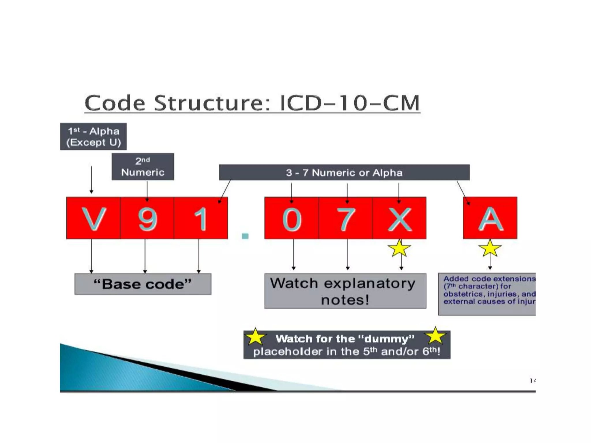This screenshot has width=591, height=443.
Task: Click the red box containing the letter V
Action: click(x=93, y=218)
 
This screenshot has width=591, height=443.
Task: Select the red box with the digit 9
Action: click(x=147, y=218)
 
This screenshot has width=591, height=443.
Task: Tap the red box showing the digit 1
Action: click(x=201, y=218)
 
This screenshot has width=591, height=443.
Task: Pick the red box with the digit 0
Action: click(x=291, y=218)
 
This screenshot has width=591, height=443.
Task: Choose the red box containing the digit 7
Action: click(x=345, y=218)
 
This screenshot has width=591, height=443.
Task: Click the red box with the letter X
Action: click(x=399, y=218)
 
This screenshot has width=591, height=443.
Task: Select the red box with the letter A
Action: click(x=490, y=218)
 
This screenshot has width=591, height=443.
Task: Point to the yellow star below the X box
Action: click(x=399, y=249)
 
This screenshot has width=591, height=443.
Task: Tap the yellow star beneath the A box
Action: click(x=490, y=249)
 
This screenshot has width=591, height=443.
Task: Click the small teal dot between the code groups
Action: click(x=245, y=236)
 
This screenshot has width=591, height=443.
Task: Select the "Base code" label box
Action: click(x=143, y=284)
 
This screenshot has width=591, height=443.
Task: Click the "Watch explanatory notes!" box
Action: click(x=345, y=291)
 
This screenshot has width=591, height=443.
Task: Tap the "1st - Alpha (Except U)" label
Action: click(x=93, y=136)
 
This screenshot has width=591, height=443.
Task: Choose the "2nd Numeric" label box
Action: click(x=143, y=167)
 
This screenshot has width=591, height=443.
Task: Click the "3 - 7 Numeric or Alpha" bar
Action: click(x=344, y=172)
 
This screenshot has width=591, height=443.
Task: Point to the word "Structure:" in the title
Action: click(x=212, y=103)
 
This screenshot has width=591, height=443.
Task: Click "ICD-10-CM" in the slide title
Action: click(x=350, y=103)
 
